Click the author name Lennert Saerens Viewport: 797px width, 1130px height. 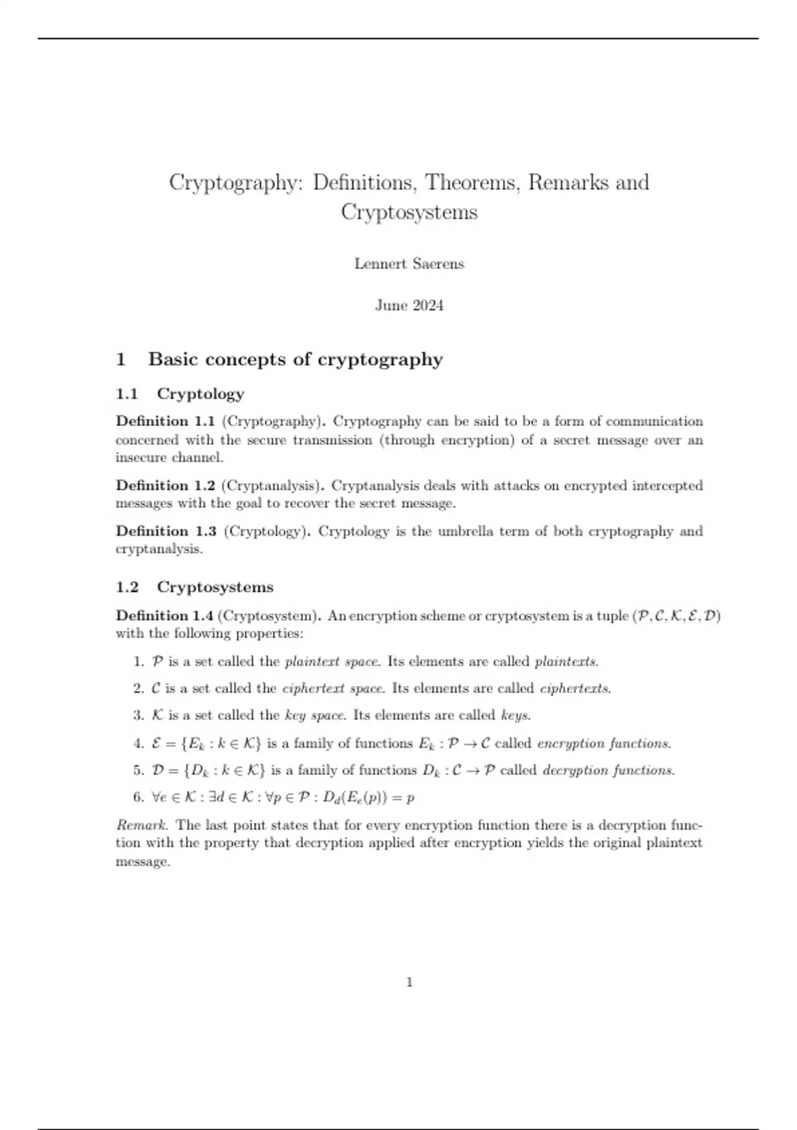tap(409, 264)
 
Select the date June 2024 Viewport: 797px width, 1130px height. tap(409, 306)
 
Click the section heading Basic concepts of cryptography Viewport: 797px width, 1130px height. tap(295, 360)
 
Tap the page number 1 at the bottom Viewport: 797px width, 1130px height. tap(409, 982)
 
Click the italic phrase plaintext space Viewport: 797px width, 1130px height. tap(331, 662)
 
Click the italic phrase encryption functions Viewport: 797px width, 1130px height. tap(604, 743)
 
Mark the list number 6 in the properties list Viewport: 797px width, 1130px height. tap(137, 798)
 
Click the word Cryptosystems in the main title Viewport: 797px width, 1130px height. tap(409, 213)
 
